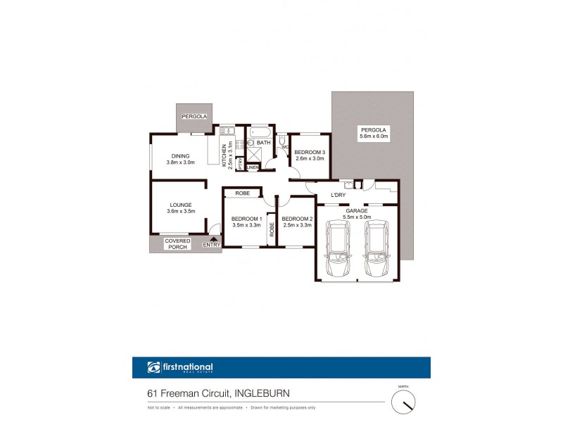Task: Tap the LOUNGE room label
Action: coord(180,205)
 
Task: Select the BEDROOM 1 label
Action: coord(246,219)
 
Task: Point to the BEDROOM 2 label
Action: coord(296,219)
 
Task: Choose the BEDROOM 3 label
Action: coord(310,153)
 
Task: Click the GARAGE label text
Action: coord(356,210)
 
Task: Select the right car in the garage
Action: coord(376,250)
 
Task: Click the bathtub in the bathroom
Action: coord(259,132)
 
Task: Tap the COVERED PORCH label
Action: coord(177,243)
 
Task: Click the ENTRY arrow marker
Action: coord(211,238)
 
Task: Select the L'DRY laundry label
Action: coord(338,195)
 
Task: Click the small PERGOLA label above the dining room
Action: coord(193,116)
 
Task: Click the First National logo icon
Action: coord(154,367)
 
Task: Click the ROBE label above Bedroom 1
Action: coord(243,193)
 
